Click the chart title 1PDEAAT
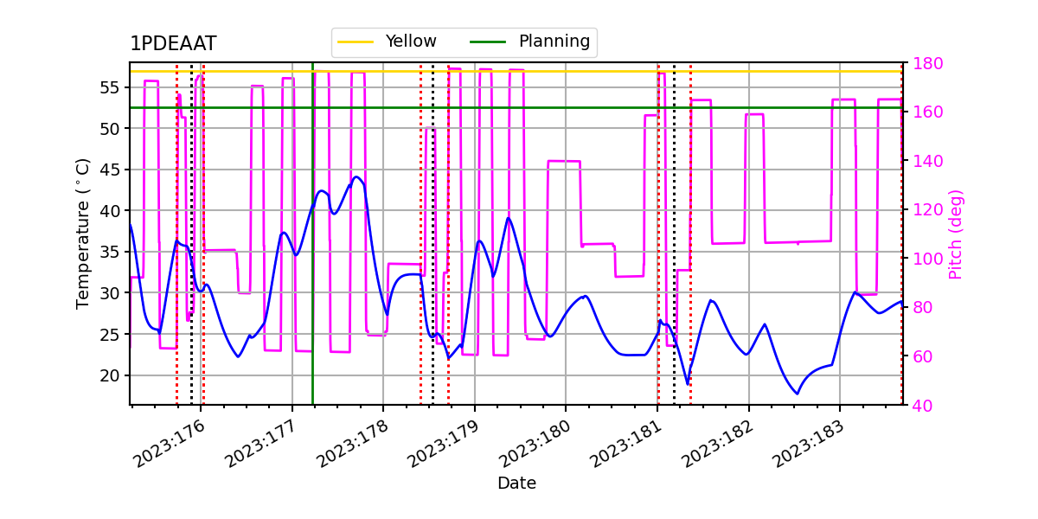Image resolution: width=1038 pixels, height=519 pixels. coord(173,44)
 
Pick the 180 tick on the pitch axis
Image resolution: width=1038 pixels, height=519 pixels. coord(926,63)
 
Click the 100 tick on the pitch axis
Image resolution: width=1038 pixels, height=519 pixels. coord(926,259)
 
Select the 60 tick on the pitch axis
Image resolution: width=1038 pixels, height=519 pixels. coord(926,356)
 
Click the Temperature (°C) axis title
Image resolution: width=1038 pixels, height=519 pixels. coord(83,234)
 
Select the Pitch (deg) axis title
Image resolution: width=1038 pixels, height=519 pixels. coord(955,234)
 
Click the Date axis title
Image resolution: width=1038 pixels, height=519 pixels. coord(516,484)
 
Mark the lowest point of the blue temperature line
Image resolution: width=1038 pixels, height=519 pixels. coord(797,394)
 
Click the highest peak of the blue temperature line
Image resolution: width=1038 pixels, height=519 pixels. coord(356,177)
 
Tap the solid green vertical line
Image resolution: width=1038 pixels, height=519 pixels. coord(312,259)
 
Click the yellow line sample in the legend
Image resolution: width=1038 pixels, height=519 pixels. coord(356,42)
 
